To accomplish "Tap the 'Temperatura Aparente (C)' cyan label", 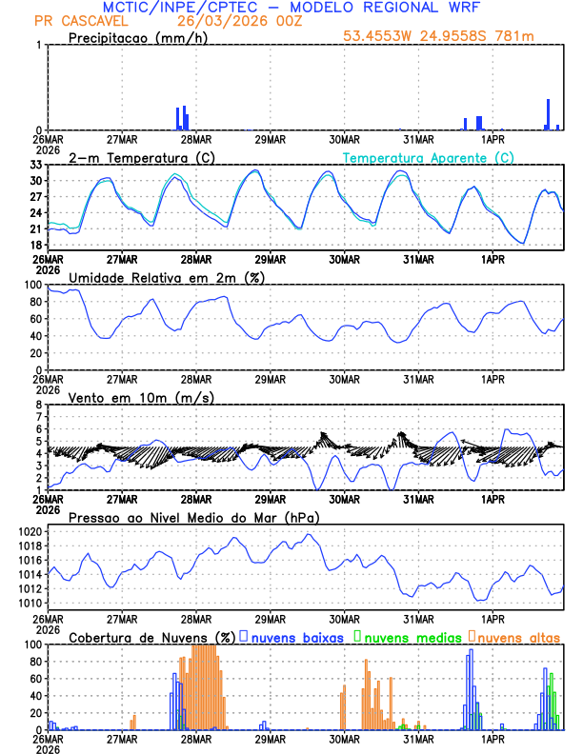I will pos(428,157).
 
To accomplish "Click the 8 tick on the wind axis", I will pos(40,405).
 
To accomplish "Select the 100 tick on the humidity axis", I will pos(32,285).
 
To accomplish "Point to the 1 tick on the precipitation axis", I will pos(40,46).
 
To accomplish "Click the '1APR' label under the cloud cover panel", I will pos(493,739).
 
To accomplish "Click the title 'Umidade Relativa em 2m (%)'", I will pos(167,277).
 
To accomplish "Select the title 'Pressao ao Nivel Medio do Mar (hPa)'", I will pos(193,517).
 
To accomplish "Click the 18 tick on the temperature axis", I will pos(36,245).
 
